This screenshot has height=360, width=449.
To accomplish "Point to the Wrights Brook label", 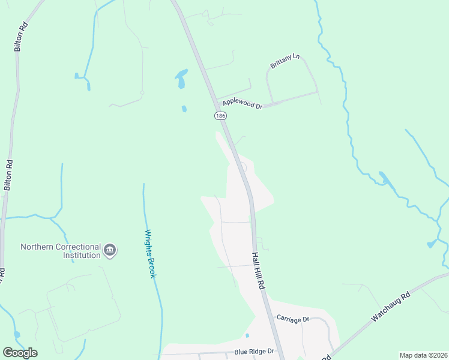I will [150, 253].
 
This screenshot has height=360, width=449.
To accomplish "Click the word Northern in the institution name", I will [41, 247].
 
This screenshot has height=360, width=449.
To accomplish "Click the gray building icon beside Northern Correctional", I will [110, 250].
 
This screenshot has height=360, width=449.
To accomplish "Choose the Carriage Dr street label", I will [292, 318].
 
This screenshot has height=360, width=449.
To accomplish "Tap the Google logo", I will [20, 353].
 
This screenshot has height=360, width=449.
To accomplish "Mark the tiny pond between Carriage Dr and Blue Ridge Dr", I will [247, 335].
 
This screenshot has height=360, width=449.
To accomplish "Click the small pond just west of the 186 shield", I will [184, 109].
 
